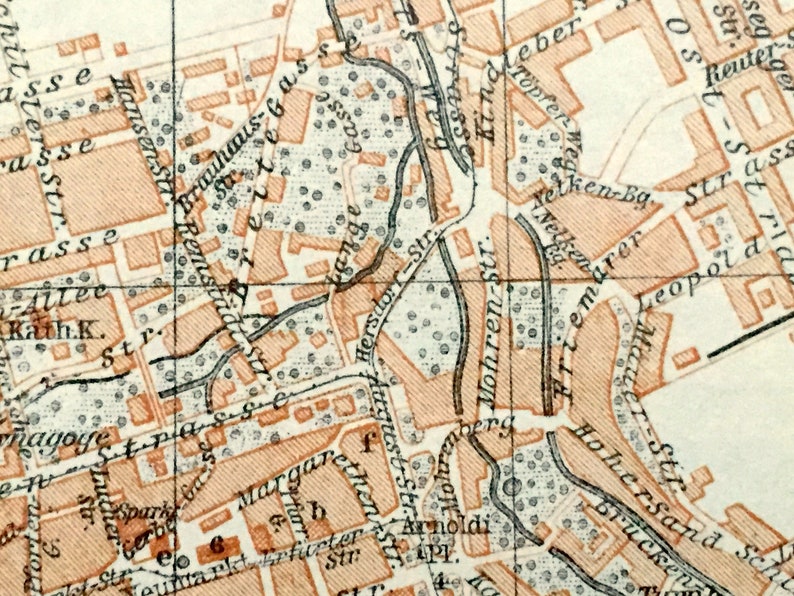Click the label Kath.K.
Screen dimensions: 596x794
[x=36, y=329]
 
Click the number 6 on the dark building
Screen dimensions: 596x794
[x=215, y=545]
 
